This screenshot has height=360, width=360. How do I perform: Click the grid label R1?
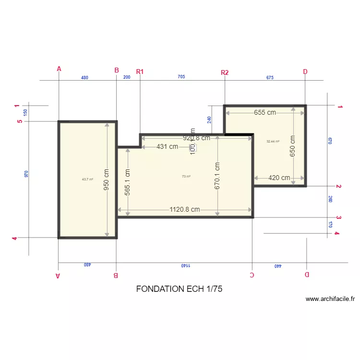coord(140,72)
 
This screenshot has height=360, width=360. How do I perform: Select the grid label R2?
coord(225,72)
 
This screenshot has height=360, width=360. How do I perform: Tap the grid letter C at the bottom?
coord(252,275)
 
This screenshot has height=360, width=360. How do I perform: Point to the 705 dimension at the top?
coord(181,77)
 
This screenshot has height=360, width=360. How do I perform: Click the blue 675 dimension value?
coord(269,77)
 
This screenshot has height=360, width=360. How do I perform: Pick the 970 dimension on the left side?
coord(26,174)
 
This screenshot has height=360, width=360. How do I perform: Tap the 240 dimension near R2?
coord(209,120)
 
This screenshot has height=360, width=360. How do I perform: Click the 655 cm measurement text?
coord(265,112)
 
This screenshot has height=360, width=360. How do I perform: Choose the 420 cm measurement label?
coord(279,178)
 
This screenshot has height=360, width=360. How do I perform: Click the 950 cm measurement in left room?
coord(107,180)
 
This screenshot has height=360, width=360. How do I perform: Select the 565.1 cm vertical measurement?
coord(128,181)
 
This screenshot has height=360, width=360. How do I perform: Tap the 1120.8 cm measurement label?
coord(184,209)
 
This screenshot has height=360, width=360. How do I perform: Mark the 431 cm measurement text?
coord(168,146)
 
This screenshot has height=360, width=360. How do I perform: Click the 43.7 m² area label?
coord(87,179)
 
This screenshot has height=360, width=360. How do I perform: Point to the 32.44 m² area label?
coord(273,141)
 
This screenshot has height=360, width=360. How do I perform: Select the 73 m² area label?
coord(186,176)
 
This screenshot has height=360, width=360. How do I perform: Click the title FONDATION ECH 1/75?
coord(179,289)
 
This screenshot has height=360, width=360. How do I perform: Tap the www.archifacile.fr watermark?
coord(330,299)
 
